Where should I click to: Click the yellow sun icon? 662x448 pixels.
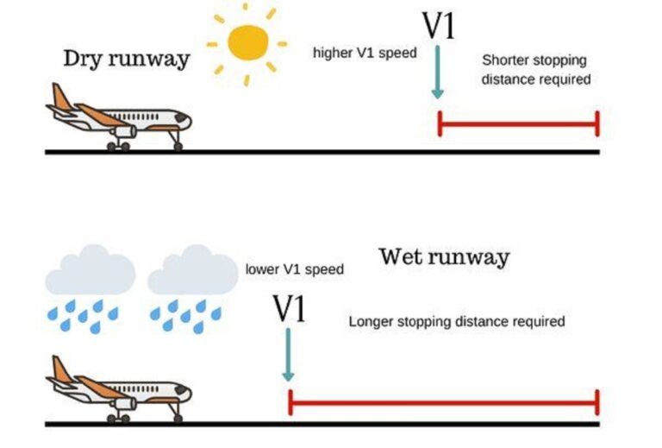247,42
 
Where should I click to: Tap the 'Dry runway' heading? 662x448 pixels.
126,59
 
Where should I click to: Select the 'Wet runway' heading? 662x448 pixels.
444,256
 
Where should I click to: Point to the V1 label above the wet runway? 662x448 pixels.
289,307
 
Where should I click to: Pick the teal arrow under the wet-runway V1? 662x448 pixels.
288,354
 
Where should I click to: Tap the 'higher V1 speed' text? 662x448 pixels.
365,53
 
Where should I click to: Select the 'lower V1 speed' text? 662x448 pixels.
295,269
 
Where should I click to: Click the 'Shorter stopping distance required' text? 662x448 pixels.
535,70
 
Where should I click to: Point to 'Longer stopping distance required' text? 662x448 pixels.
457,321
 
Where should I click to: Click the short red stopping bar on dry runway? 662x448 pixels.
518,124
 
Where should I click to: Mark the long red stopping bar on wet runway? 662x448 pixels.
443,401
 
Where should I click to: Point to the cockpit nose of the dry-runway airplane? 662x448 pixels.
184,117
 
